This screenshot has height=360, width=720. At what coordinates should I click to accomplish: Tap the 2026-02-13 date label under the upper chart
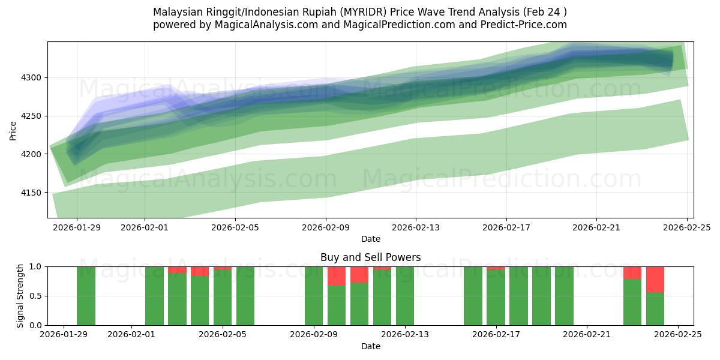[416, 227]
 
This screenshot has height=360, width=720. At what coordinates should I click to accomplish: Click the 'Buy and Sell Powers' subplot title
[370, 257]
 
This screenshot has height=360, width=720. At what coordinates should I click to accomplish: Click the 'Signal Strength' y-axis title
[21, 296]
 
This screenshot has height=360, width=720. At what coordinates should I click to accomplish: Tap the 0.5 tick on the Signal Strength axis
[35, 296]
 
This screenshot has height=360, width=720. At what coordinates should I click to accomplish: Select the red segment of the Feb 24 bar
[655, 279]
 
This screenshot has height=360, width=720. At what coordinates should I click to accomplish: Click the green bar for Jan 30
[86, 296]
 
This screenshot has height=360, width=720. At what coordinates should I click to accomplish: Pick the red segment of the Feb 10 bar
[337, 276]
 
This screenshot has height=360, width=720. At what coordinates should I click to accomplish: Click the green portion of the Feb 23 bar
[632, 302]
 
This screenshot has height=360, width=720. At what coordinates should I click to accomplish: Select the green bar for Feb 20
[564, 296]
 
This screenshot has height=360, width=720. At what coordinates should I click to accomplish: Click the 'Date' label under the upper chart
[370, 239]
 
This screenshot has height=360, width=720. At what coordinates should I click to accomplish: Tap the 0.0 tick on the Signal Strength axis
[35, 325]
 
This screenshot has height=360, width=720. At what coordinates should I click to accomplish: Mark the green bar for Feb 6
[245, 296]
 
